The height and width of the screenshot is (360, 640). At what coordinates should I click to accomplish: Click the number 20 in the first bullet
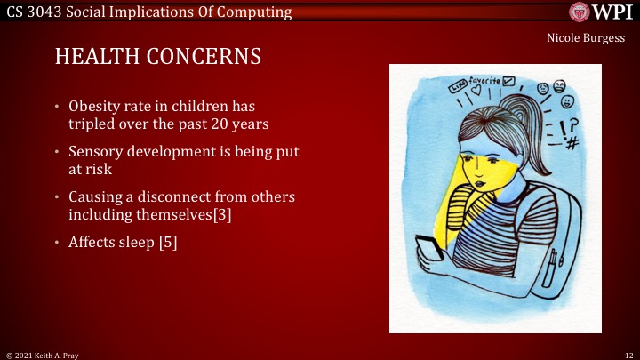[204, 124]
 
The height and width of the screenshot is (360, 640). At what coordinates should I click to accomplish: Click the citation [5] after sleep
[167, 242]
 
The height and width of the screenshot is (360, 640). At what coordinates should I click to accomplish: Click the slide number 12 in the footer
[627, 354]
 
